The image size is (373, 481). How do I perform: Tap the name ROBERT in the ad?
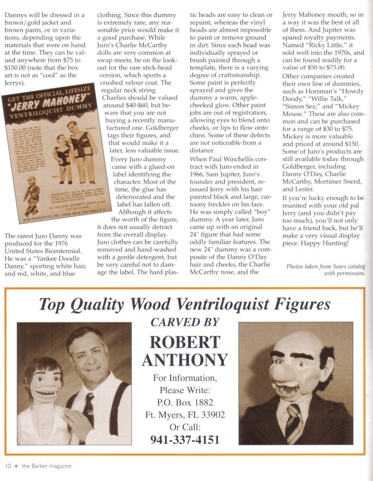(185, 342)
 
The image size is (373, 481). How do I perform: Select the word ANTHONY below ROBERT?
(185, 360)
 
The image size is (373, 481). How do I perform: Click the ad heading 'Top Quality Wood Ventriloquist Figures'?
(185, 304)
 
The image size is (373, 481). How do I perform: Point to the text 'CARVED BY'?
(185, 322)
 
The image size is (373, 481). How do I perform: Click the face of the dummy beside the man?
(43, 383)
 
